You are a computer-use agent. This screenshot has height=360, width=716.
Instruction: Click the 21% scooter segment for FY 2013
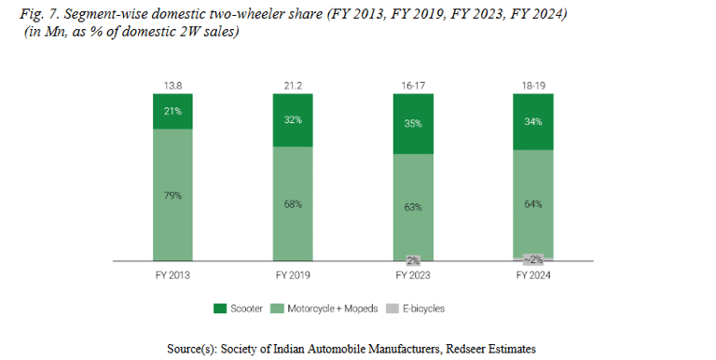click(172, 112)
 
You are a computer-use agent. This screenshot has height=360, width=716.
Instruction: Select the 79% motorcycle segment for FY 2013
click(172, 194)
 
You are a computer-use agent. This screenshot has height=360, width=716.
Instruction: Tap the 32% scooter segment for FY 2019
click(293, 120)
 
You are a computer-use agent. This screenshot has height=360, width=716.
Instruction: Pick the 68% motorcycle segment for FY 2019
click(293, 203)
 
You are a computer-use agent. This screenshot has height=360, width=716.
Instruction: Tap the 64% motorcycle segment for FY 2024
click(532, 202)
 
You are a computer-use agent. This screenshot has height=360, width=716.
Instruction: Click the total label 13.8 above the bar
click(172, 85)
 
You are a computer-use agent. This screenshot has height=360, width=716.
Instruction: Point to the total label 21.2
click(293, 85)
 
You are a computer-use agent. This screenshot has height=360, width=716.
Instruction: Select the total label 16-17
click(413, 85)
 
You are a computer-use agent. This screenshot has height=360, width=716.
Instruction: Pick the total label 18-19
click(532, 85)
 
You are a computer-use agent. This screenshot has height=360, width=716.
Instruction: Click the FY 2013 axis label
click(172, 276)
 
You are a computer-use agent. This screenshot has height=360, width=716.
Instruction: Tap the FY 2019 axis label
click(293, 276)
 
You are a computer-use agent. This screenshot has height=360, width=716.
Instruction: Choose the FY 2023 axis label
click(413, 276)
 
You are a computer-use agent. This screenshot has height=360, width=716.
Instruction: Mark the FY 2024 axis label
click(532, 276)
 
